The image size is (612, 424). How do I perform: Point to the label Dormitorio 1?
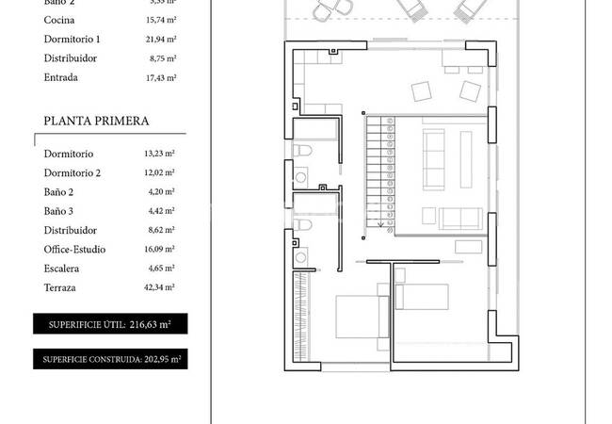(x=72, y=39)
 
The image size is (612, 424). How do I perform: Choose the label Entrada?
(x=61, y=77)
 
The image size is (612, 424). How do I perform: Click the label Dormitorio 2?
(x=72, y=172)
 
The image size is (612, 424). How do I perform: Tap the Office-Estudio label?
(x=74, y=250)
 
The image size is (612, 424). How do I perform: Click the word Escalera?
(x=62, y=269)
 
